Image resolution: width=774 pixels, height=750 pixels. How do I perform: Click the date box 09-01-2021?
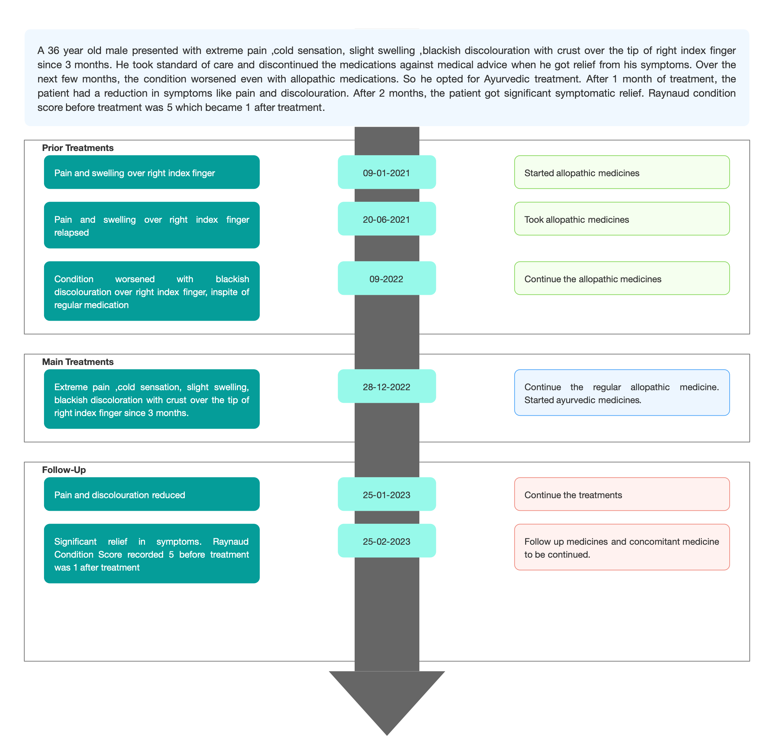pyautogui.click(x=387, y=172)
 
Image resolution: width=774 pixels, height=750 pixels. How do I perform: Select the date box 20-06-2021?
pyautogui.click(x=387, y=219)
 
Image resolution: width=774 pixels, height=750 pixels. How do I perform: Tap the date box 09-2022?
pyautogui.click(x=387, y=278)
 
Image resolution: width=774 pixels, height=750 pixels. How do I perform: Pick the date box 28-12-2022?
pyautogui.click(x=387, y=386)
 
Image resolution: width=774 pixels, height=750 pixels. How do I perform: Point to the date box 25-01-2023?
pyautogui.click(x=387, y=494)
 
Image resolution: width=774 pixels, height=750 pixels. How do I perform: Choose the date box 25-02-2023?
pyautogui.click(x=387, y=541)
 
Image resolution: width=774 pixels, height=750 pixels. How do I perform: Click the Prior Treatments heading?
pyautogui.click(x=78, y=148)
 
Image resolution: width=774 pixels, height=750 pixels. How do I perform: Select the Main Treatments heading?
pyautogui.click(x=78, y=362)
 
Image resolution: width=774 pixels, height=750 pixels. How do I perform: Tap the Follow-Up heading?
pyautogui.click(x=64, y=470)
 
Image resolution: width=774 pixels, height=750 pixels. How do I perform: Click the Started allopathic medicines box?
pyautogui.click(x=622, y=172)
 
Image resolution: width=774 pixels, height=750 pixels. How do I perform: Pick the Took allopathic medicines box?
pyautogui.click(x=622, y=219)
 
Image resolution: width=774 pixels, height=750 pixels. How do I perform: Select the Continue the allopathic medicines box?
pyautogui.click(x=622, y=278)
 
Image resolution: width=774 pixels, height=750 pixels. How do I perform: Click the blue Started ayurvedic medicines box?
pyautogui.click(x=622, y=392)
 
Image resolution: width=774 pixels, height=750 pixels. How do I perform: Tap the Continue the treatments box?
pyautogui.click(x=622, y=494)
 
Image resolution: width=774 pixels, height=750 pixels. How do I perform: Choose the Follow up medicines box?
pyautogui.click(x=622, y=547)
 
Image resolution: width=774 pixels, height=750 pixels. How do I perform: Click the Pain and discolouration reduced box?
pyautogui.click(x=152, y=494)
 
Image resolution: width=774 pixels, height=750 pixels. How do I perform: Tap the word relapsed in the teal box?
pyautogui.click(x=72, y=233)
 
